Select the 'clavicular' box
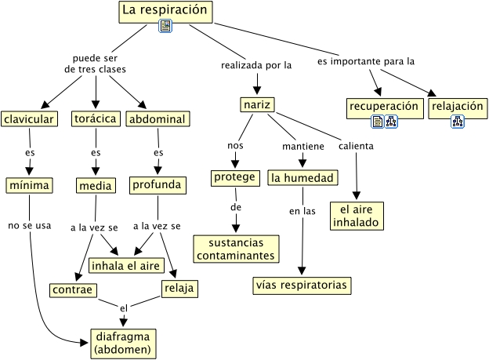point(29,119)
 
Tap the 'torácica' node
point(96,119)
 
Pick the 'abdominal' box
point(157,119)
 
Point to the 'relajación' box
point(457,105)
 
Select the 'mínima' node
point(29,185)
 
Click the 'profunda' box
point(157,185)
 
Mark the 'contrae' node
point(72,289)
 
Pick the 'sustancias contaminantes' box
point(237,249)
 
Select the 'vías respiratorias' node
point(301,285)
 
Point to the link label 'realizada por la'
point(255,66)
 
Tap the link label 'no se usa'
point(29,226)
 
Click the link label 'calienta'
point(356,146)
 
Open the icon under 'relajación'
point(457,122)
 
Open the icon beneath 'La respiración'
point(165,27)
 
